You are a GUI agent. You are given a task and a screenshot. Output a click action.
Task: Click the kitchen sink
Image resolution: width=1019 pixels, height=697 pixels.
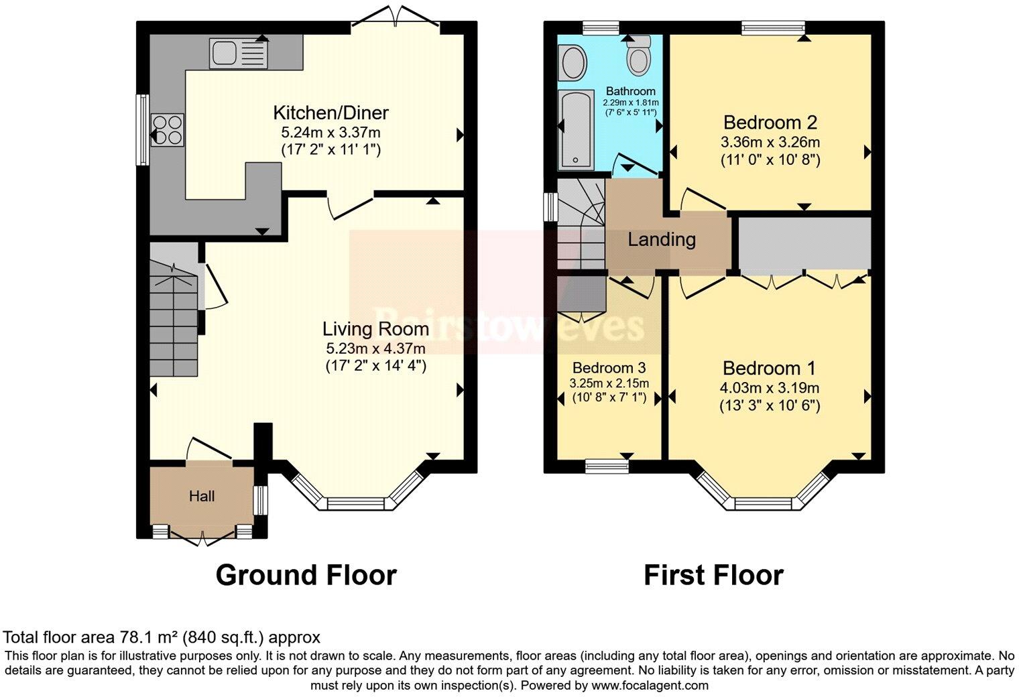coord(238,53)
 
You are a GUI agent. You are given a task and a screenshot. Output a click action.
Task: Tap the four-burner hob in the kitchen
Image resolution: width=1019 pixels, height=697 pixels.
coord(168,130)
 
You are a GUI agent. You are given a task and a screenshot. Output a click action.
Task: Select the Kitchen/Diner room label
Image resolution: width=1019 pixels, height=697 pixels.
coord(331,113)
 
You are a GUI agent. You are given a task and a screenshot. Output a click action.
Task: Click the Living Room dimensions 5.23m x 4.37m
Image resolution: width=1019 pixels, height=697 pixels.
coord(375,348)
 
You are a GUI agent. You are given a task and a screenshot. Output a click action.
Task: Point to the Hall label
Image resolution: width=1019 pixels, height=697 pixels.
coord(202,496)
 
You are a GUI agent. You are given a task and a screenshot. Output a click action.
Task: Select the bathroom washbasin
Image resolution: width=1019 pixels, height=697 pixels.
coord(572,63)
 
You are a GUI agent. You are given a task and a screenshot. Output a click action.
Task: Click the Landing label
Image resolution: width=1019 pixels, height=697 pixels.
coord(661,239)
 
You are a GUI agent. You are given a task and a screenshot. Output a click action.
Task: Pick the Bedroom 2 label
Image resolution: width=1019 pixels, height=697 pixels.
coord(770,123)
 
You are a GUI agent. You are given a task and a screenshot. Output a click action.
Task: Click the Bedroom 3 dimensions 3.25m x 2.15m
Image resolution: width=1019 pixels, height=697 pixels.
coord(609,383)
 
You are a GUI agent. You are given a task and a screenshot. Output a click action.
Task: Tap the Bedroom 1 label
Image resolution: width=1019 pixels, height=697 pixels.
coord(769,368)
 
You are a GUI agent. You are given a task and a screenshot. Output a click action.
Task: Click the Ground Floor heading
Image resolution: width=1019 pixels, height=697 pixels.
coord(306,575)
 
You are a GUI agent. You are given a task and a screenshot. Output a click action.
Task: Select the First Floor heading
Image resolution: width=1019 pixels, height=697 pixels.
coord(713,575)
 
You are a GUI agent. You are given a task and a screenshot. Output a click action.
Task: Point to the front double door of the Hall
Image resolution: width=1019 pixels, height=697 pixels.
coord(202,536)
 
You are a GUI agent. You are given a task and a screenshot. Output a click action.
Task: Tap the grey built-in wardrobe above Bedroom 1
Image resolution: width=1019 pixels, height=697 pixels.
coord(804,243)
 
